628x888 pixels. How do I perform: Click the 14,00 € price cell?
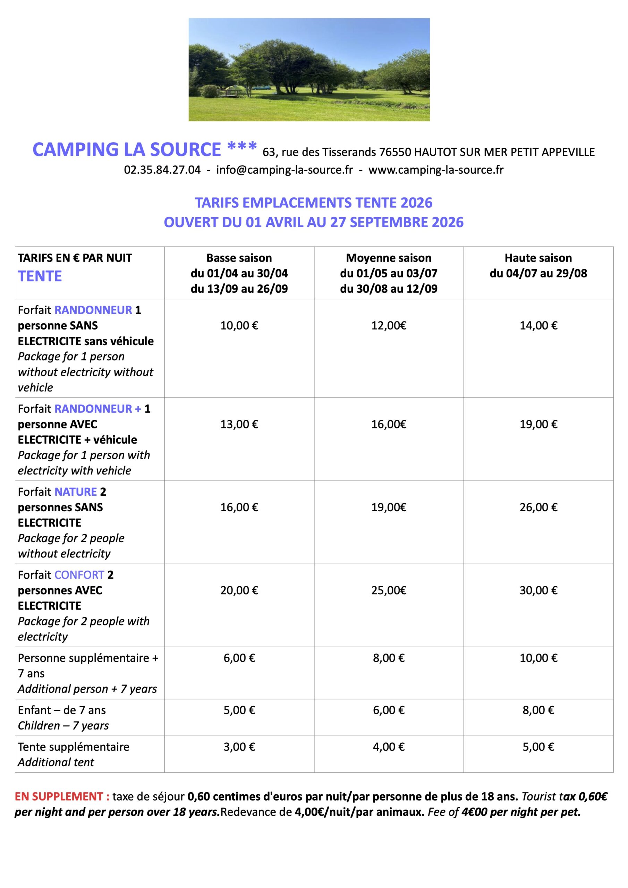538,326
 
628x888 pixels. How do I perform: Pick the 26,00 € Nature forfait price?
538,507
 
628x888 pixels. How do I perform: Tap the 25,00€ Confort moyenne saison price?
389,590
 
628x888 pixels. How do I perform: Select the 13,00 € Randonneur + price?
239,424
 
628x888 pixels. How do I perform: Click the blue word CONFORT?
79,575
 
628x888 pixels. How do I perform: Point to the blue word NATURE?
75,492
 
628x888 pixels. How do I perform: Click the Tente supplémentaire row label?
74,747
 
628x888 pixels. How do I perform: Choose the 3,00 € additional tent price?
239,747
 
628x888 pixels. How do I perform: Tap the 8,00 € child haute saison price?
538,710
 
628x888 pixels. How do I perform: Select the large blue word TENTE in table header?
40,276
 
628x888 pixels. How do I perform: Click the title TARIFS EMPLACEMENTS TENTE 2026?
313,203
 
